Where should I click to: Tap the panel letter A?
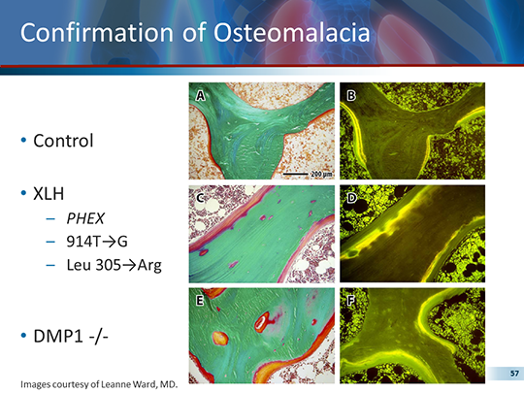[x=200, y=95]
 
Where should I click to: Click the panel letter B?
[x=351, y=95]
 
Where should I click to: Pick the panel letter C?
[x=200, y=198]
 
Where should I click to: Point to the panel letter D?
[x=351, y=198]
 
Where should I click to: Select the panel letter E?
[x=200, y=301]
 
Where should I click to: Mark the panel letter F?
[x=351, y=301]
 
